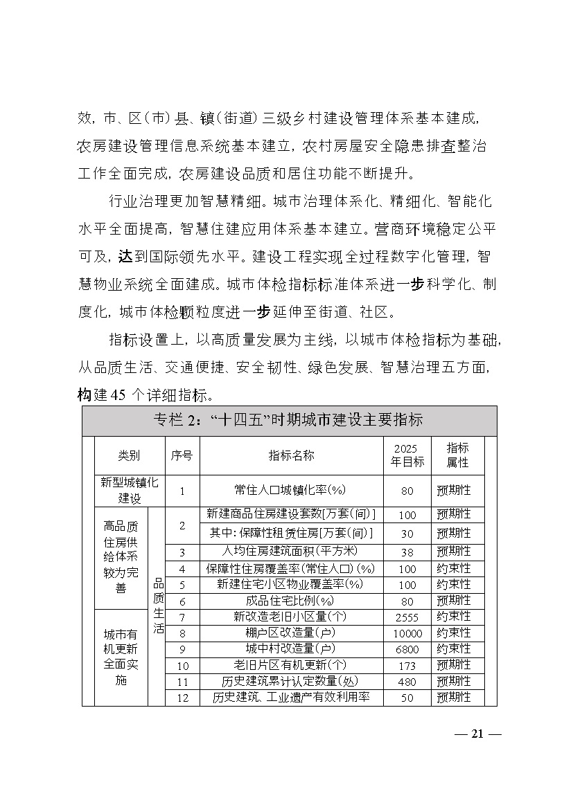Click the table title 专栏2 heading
click(x=288, y=420)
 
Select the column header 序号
click(x=182, y=455)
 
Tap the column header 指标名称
click(x=291, y=455)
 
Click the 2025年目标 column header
click(x=407, y=455)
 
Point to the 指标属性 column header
click(x=457, y=455)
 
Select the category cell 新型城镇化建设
click(x=129, y=490)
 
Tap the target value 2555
click(x=407, y=617)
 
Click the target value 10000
click(x=407, y=633)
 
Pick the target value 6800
click(x=407, y=650)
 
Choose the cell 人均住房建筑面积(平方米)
click(x=291, y=552)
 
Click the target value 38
click(x=407, y=552)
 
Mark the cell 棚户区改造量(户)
click(x=291, y=633)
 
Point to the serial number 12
click(x=183, y=698)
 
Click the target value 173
click(x=407, y=666)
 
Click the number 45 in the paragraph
click(x=118, y=395)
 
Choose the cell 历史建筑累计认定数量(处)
click(x=291, y=681)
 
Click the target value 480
click(x=407, y=682)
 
